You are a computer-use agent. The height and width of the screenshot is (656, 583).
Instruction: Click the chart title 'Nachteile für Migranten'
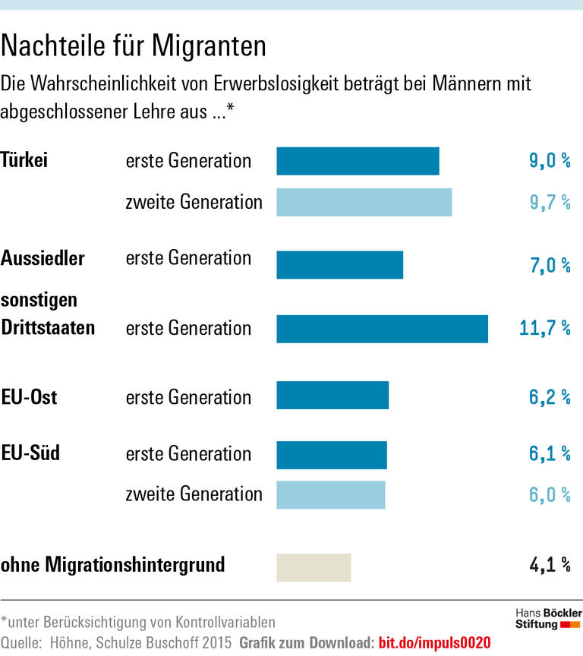134,46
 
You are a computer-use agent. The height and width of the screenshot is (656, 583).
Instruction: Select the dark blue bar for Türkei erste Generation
358,161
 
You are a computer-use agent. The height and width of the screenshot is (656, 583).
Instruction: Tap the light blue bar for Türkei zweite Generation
364,202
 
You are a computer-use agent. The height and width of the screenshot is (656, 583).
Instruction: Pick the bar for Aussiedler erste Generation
339,265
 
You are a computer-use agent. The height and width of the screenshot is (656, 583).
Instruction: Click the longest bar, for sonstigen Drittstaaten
382,329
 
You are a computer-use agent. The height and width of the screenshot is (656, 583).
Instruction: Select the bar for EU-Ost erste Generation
332,396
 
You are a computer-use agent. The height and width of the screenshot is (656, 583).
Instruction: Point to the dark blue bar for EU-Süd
332,454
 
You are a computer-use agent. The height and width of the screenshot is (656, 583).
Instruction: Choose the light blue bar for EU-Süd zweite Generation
331,494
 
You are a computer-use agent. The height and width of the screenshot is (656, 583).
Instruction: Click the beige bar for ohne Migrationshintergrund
314,567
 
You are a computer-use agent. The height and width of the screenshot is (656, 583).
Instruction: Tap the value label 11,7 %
544,328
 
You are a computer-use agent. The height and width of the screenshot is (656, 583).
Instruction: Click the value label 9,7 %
549,202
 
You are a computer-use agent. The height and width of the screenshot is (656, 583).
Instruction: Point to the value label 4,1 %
549,565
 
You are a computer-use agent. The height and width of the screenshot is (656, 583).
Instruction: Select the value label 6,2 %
549,396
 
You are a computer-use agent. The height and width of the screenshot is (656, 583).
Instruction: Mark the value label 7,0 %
549,265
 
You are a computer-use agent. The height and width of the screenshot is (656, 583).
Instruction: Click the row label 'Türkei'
25,160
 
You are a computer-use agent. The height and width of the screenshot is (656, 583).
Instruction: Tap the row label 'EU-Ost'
30,396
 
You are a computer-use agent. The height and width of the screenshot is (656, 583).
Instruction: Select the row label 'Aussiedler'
43,258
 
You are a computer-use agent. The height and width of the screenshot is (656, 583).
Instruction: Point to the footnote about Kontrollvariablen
138,622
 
